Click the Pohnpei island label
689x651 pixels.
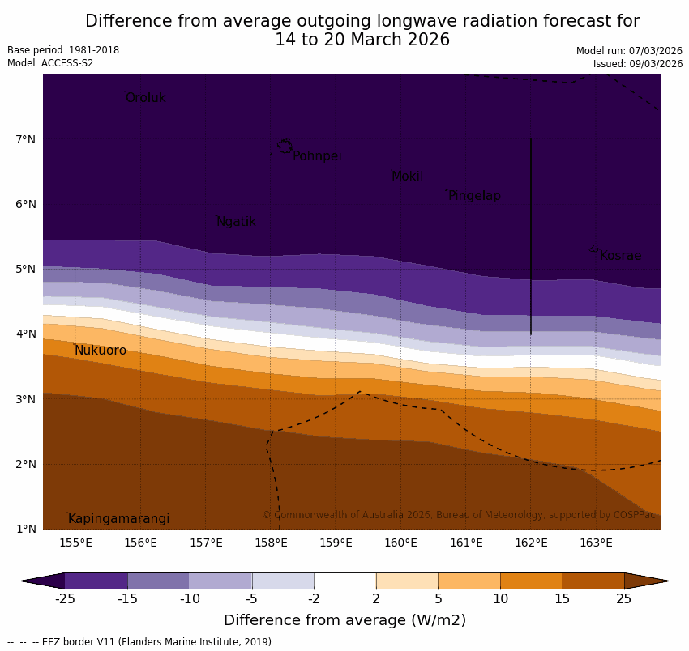click(x=317, y=156)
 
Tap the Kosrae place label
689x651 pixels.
click(x=620, y=256)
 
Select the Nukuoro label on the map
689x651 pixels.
click(x=101, y=351)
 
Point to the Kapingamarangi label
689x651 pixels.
click(x=118, y=519)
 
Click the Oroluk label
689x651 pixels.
click(x=145, y=98)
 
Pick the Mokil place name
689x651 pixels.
click(x=407, y=177)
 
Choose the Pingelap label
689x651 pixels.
click(x=474, y=196)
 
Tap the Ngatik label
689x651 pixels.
click(x=236, y=222)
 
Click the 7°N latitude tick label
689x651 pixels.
click(x=25, y=140)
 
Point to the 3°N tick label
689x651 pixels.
click(x=25, y=399)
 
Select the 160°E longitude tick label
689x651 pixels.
click(x=400, y=542)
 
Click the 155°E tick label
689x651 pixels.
click(x=75, y=542)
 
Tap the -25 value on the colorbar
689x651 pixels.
click(x=65, y=599)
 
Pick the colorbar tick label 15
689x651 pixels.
click(x=563, y=599)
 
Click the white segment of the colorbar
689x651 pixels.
click(x=344, y=581)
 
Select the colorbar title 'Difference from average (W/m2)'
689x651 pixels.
click(x=344, y=621)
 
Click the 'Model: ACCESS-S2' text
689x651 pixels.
click(x=50, y=63)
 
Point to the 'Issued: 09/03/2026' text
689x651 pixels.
click(x=637, y=64)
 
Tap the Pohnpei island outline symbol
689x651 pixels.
click(x=285, y=147)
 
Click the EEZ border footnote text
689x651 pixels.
click(x=141, y=642)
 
